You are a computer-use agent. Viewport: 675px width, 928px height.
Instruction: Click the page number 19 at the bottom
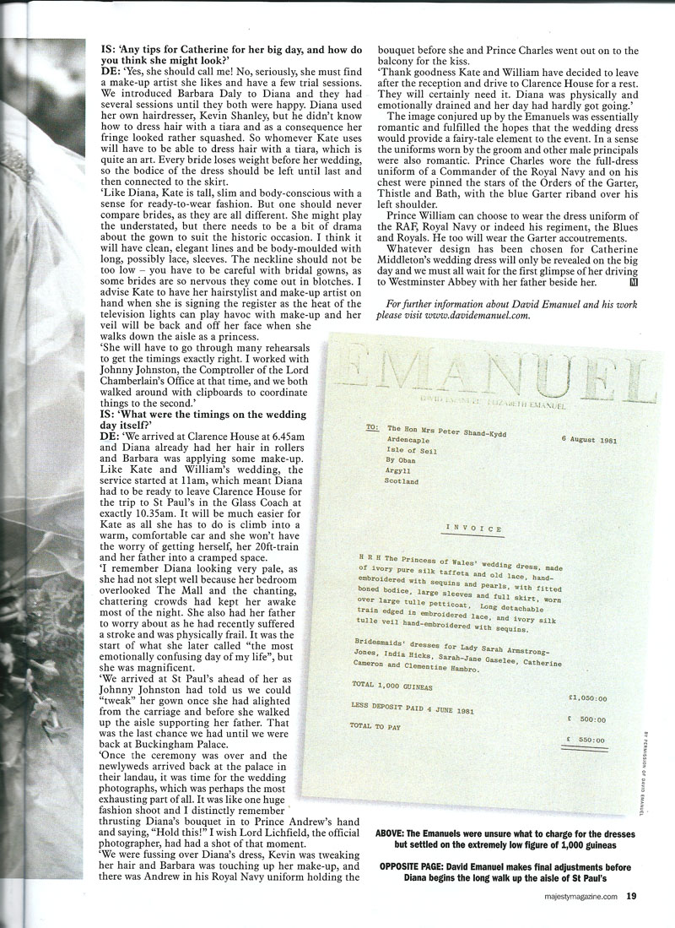pos(631,897)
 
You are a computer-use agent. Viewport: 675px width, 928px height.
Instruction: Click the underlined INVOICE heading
pos(474,528)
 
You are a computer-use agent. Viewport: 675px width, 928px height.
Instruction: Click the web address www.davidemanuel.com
pos(481,316)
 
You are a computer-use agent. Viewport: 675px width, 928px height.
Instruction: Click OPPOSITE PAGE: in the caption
pos(412,866)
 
